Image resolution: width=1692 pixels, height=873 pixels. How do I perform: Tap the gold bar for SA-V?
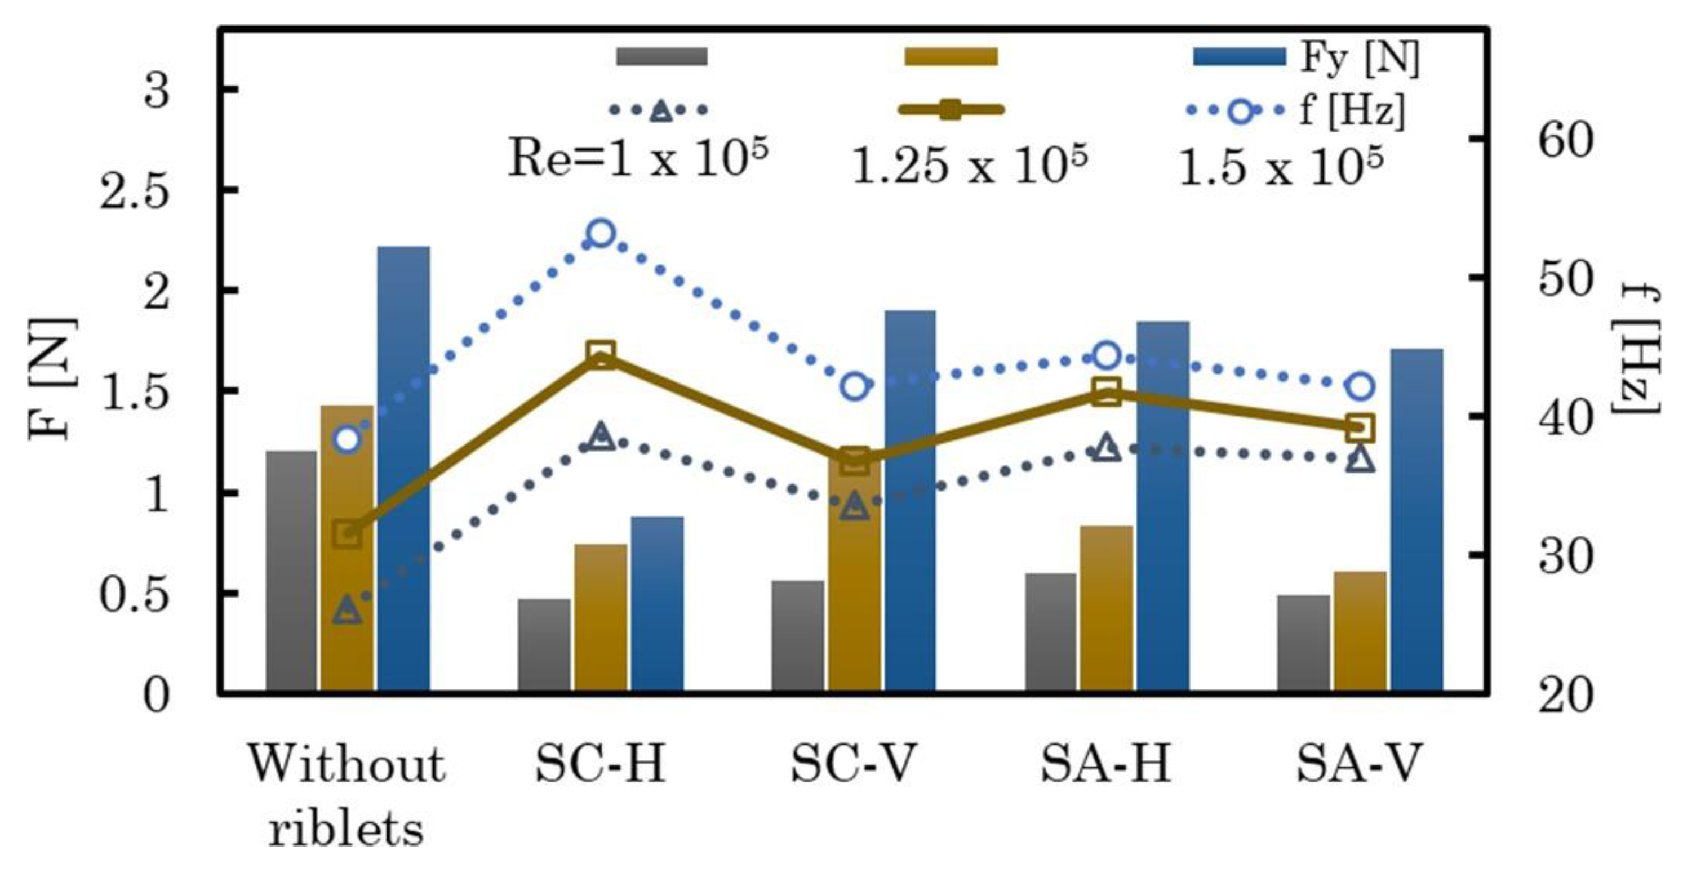[1360, 631]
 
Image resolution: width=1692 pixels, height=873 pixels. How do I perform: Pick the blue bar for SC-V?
[910, 499]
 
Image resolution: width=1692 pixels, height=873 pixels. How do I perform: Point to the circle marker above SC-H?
[601, 233]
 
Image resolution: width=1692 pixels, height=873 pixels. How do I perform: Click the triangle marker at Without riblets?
[347, 611]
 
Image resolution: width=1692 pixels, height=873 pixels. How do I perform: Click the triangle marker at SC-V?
[854, 505]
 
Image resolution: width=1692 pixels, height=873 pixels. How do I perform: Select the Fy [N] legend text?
[1360, 58]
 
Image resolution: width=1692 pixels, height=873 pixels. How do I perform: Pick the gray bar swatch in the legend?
[661, 56]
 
